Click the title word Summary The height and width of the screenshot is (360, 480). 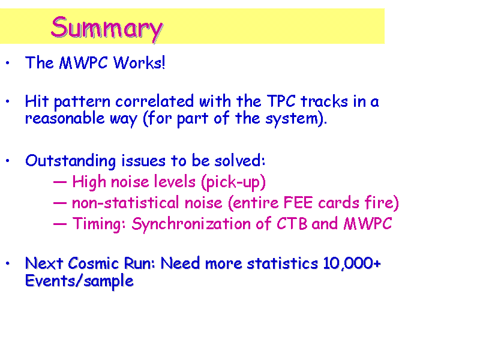point(107,28)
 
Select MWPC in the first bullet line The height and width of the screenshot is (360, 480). point(83,63)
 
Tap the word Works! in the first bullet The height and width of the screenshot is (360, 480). point(139,63)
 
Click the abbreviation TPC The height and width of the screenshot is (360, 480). point(281,101)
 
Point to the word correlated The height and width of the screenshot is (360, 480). point(155,101)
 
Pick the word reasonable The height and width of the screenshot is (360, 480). point(65,118)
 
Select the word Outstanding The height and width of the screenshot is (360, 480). point(70,161)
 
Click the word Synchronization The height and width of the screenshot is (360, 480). point(191,224)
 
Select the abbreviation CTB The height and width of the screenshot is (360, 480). point(292,224)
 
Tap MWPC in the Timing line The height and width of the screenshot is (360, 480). point(368,224)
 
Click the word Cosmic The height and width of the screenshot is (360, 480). point(93,263)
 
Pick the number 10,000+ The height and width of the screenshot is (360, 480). point(352,263)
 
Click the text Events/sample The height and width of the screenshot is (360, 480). point(79,281)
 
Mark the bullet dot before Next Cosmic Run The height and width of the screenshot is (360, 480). point(8,263)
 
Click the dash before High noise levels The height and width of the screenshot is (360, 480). point(59,182)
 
